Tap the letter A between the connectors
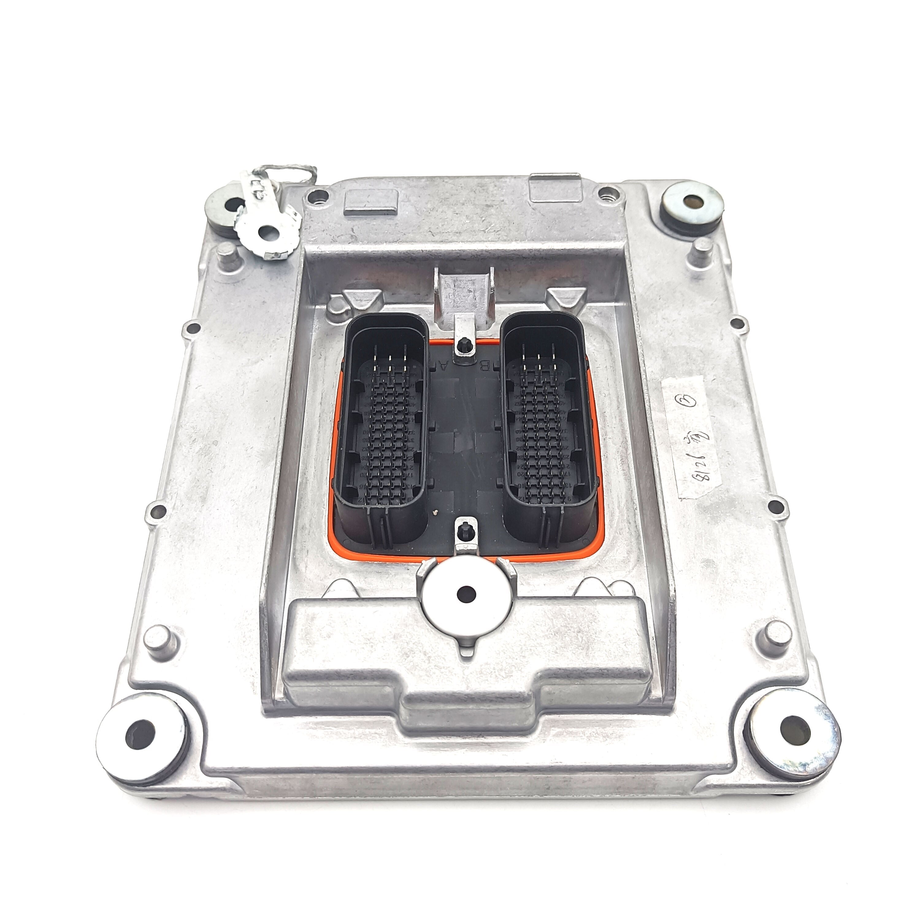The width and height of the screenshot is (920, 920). point(444,366)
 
